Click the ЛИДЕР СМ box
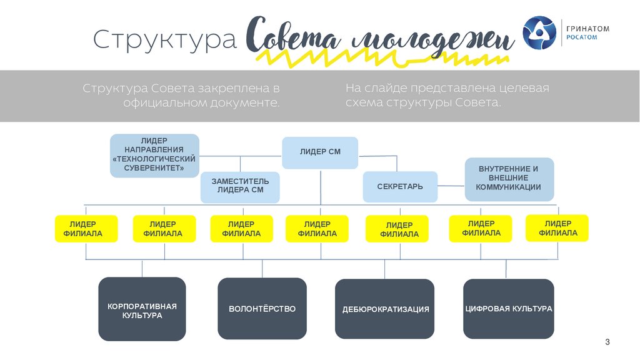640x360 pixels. (x=320, y=152)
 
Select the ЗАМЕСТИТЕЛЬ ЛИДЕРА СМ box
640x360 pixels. (x=240, y=186)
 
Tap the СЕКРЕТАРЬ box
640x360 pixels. (x=399, y=186)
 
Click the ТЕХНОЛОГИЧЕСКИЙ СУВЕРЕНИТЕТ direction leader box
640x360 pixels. (x=154, y=155)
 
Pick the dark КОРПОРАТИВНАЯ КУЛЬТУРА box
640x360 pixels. (x=142, y=310)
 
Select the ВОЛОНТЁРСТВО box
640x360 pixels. (x=262, y=309)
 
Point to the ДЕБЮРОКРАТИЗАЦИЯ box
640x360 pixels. (x=385, y=309)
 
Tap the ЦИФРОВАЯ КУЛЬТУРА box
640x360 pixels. (x=508, y=309)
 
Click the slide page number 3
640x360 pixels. (x=607, y=342)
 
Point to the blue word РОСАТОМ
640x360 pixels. (x=581, y=38)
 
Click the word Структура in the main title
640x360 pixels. (x=165, y=39)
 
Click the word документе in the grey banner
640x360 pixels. (x=244, y=102)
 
